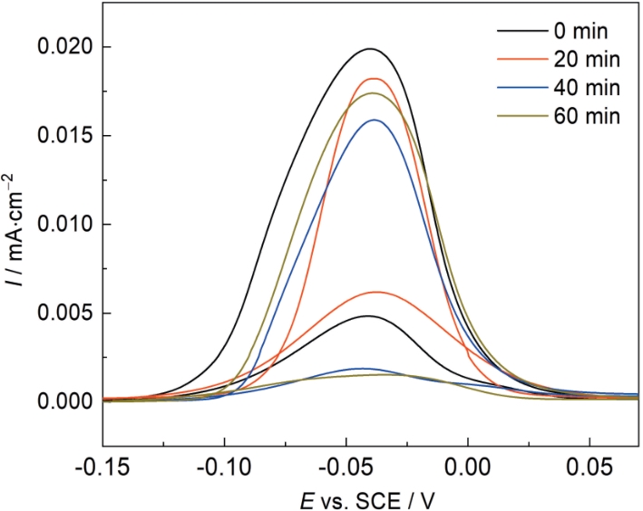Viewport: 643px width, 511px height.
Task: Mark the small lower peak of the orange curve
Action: coord(375,292)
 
